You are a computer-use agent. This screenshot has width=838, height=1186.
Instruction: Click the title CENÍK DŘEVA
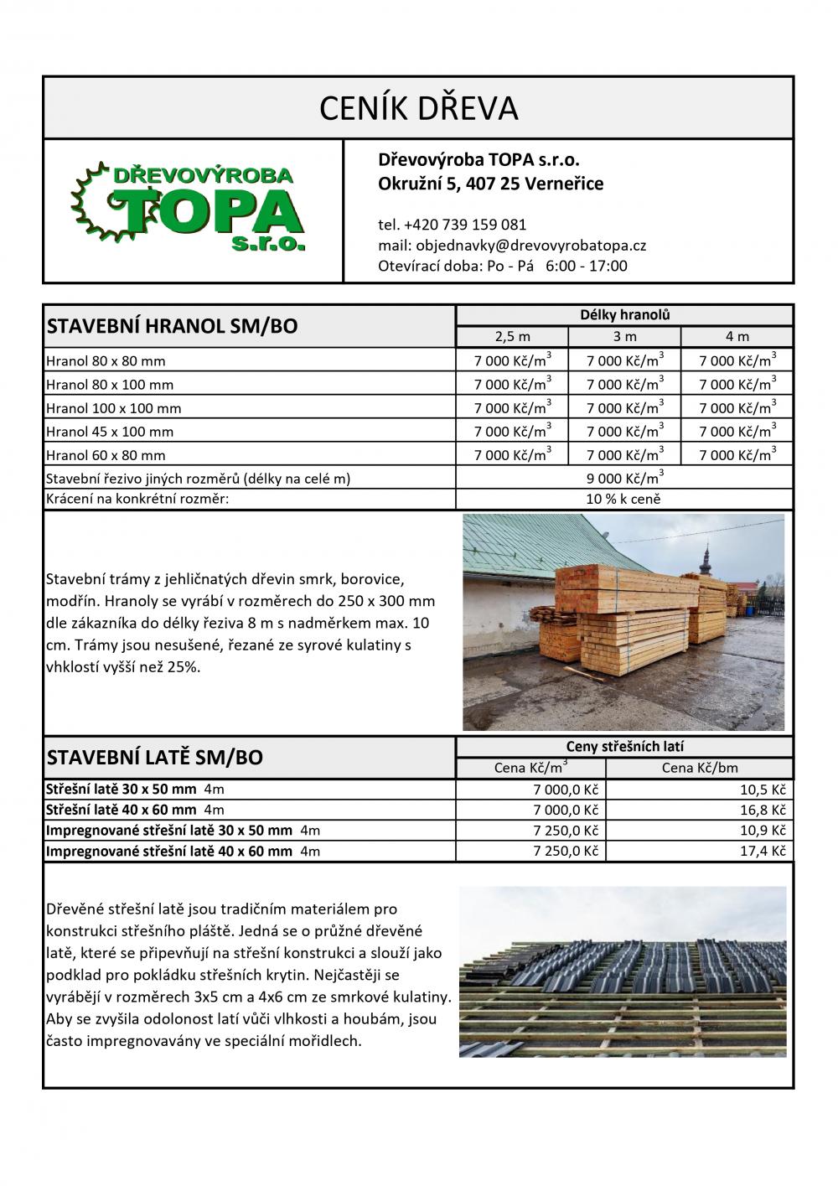coord(419,108)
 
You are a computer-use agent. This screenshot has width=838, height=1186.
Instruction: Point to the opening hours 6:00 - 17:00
coord(586,267)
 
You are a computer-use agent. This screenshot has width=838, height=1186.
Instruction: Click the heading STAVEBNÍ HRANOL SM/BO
coord(173,326)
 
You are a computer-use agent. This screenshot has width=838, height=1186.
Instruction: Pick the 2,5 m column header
coord(512,337)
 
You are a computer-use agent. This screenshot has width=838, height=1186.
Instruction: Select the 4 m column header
coord(737,337)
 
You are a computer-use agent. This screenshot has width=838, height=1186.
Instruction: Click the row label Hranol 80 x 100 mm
coord(110,385)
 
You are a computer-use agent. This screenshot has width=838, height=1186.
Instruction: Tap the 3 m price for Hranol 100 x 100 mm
coord(624,408)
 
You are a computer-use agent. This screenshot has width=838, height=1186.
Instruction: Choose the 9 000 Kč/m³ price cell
coord(624,479)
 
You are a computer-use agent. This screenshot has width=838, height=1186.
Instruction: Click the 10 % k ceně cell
coord(624,500)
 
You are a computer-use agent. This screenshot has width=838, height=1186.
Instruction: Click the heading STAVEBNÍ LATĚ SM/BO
coord(155,758)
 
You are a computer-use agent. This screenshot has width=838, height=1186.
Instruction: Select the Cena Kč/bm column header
coord(700,768)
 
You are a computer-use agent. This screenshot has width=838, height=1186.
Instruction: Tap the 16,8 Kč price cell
coord(766,811)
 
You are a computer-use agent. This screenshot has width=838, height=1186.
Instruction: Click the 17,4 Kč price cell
coord(766,852)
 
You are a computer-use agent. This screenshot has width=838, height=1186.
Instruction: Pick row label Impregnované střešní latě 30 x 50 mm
coord(168,831)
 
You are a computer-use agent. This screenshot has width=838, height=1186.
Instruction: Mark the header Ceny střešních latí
coord(624,747)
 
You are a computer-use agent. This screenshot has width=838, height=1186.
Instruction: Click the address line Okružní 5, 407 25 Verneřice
coord(490,184)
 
